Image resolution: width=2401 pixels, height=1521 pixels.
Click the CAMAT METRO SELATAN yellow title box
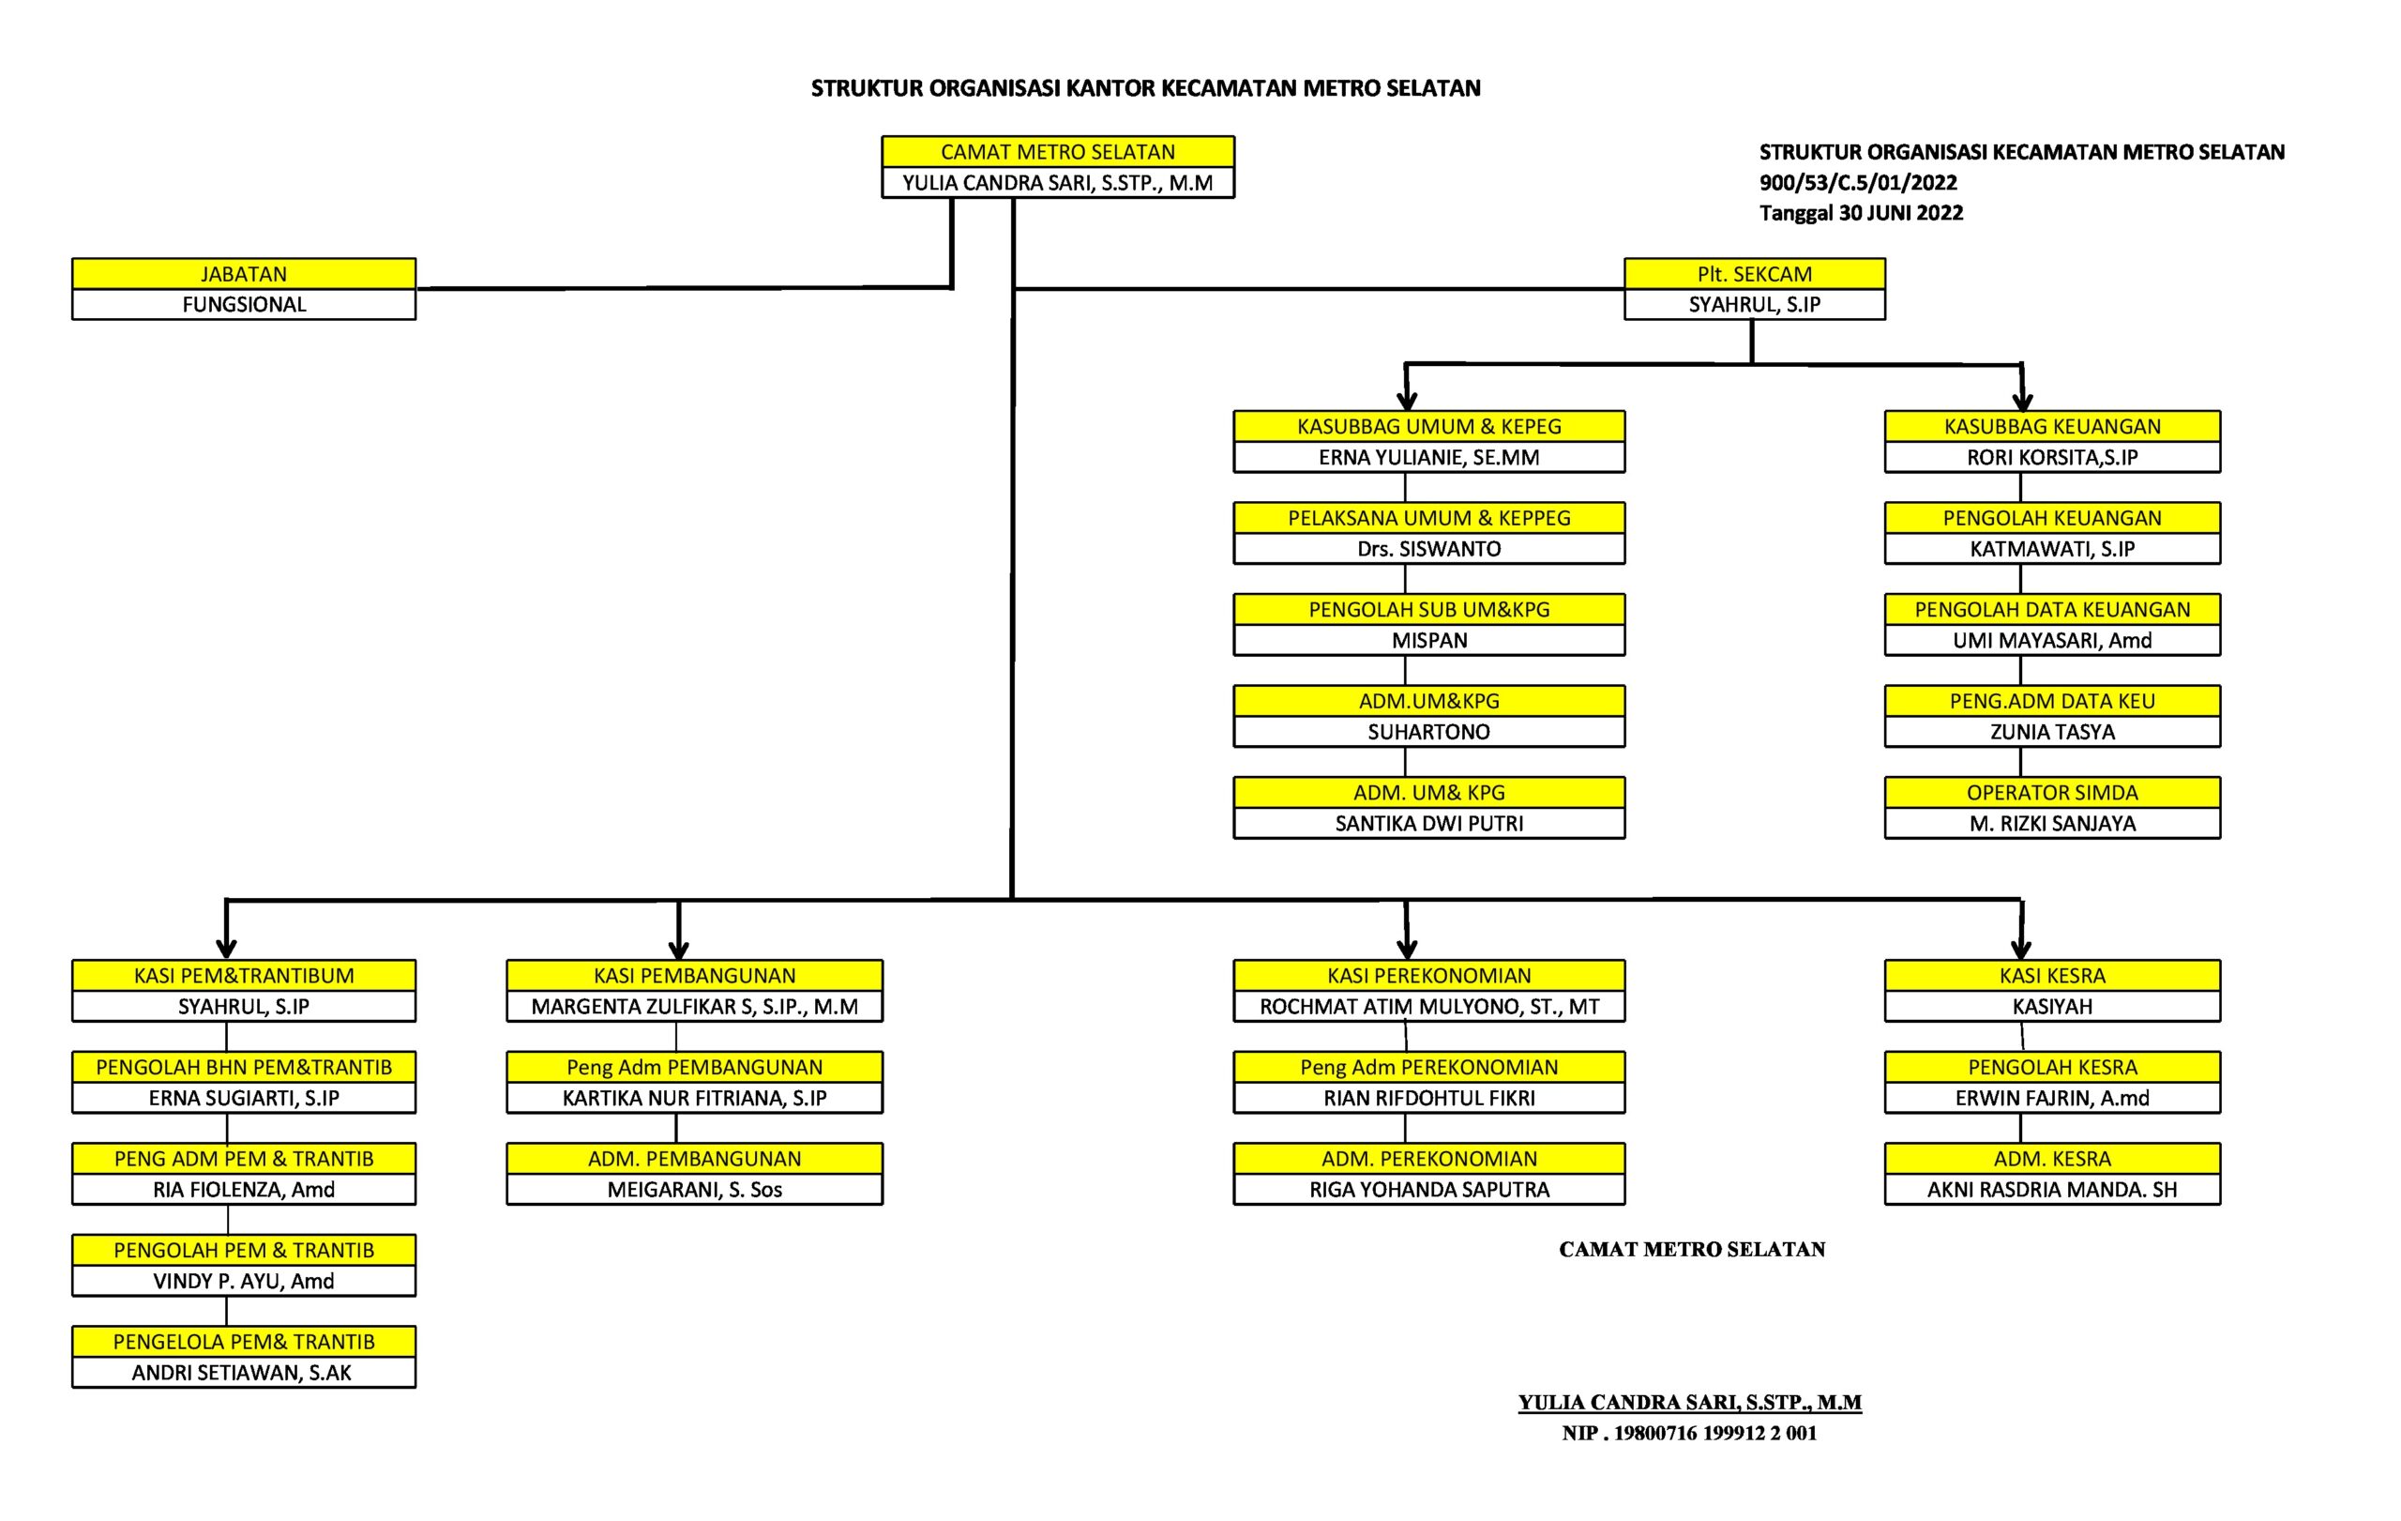coord(1058,152)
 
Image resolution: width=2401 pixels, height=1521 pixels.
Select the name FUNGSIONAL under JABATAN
coord(243,304)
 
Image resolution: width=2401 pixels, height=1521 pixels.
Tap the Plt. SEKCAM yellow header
coord(1754,273)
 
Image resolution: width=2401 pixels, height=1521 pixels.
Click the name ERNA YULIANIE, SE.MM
coord(1428,457)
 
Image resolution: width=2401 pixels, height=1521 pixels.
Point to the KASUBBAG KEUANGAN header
coord(2052,426)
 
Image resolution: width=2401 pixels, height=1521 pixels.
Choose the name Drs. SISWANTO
coord(1428,549)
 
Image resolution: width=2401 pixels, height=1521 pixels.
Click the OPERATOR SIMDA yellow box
coord(2052,792)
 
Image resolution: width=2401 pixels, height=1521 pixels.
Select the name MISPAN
coord(1428,640)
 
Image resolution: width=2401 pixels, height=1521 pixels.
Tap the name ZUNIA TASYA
coord(2052,732)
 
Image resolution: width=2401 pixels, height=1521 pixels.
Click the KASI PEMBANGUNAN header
coord(694,976)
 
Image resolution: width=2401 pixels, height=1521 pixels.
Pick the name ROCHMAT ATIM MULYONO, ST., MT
coord(1428,1007)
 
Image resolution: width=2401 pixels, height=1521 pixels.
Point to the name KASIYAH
coord(2052,1007)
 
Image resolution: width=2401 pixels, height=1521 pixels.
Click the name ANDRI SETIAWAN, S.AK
coord(242,1373)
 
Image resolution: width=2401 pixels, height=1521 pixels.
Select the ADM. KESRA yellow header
coord(2052,1158)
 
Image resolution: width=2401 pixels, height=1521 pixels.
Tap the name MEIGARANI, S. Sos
coord(694,1189)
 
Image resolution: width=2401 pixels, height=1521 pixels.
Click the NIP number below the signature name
coord(1689,1432)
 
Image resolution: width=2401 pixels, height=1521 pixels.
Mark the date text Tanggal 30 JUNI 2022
coord(1861,212)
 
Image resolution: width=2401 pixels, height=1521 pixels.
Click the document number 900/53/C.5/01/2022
coord(1858,183)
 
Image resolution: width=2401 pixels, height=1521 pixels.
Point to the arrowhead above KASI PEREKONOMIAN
coord(1407,947)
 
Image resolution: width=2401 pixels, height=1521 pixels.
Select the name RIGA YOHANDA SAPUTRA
coord(1428,1189)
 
